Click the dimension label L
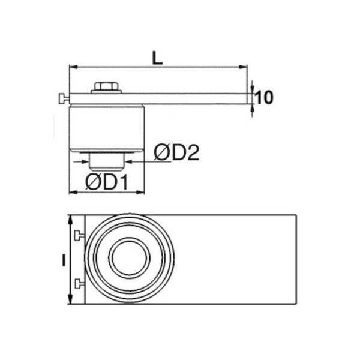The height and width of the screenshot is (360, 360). click(157, 58)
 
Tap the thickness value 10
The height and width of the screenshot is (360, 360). click(264, 98)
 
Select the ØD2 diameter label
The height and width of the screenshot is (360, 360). click(176, 152)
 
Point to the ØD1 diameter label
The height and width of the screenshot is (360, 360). click(106, 182)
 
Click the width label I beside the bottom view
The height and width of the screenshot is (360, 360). click(64, 260)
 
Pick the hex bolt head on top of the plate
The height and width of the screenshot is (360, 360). click(106, 86)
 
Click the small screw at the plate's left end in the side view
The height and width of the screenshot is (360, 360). click(64, 99)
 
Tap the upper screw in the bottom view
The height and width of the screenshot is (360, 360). click(79, 235)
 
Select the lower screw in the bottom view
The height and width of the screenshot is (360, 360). click(79, 283)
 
